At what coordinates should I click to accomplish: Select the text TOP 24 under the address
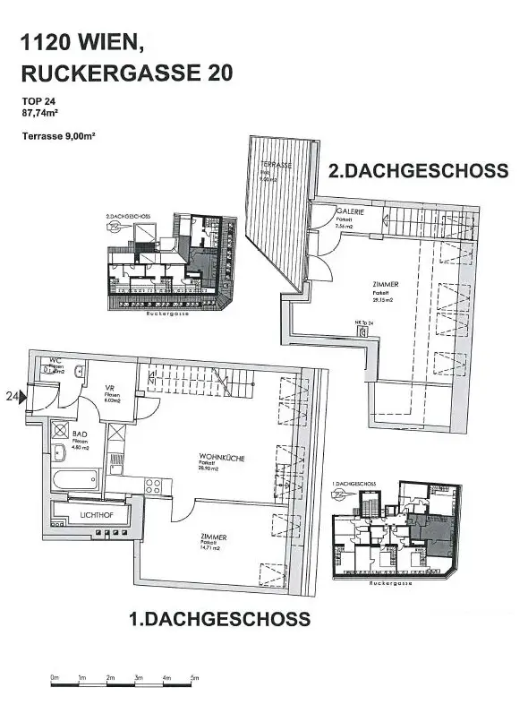point(38,101)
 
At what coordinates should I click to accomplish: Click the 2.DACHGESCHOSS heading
point(418,171)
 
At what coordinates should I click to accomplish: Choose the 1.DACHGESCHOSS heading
point(219,619)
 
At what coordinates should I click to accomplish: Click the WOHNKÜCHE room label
point(222,459)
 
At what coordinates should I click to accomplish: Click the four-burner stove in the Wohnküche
point(152,488)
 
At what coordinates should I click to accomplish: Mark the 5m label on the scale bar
point(193,676)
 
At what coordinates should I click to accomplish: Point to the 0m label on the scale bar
point(54,676)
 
